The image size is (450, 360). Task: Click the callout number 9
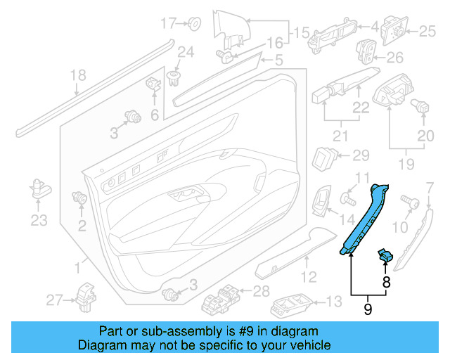click(367, 307)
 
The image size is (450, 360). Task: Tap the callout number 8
click(385, 283)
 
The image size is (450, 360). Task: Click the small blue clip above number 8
click(385, 255)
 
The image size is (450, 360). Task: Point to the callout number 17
click(167, 23)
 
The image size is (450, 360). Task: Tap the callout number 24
click(185, 51)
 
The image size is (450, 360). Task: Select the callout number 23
click(39, 220)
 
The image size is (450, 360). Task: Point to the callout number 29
click(360, 155)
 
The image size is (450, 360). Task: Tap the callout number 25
click(428, 31)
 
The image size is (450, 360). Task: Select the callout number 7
click(430, 186)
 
